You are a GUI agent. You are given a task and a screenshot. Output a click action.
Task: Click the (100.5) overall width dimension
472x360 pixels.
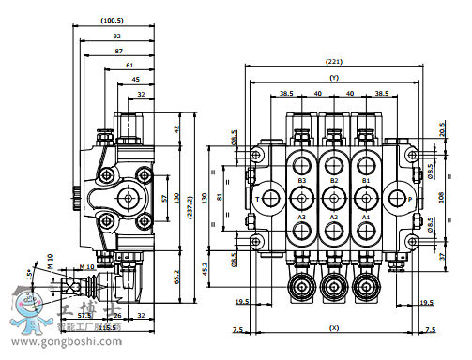click(x=111, y=20)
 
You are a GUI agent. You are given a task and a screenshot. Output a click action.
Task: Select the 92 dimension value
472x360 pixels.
click(x=116, y=35)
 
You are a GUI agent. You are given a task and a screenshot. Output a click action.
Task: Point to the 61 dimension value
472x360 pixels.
click(x=129, y=65)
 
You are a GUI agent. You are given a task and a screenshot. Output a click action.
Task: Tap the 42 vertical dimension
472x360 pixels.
click(x=176, y=128)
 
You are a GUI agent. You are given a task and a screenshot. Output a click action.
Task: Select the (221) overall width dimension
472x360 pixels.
click(x=334, y=61)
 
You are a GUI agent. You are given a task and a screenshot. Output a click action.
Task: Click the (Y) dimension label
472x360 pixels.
click(x=334, y=78)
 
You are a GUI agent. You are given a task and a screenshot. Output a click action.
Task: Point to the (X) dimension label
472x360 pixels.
click(x=334, y=329)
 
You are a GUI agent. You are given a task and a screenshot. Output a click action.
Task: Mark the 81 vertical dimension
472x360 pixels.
click(x=220, y=196)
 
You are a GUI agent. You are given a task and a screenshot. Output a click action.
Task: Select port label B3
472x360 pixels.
click(x=302, y=179)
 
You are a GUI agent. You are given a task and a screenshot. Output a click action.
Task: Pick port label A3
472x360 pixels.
click(x=302, y=216)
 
